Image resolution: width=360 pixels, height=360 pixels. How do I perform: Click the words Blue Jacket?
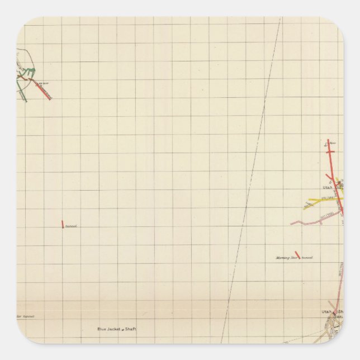pos(106,330)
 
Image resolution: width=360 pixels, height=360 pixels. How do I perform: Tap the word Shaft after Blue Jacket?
pos(130,330)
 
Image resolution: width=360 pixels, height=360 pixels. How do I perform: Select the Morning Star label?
pos(287,258)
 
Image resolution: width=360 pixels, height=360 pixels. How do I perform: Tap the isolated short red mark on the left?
pos(62,224)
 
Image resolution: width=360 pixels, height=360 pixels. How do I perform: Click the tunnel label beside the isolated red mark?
pos(70,226)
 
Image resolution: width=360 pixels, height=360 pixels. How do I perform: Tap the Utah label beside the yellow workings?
pos(327,188)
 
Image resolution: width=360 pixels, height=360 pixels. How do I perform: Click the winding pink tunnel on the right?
pos(310,222)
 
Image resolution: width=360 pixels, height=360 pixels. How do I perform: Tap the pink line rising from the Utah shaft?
pos(339,285)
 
